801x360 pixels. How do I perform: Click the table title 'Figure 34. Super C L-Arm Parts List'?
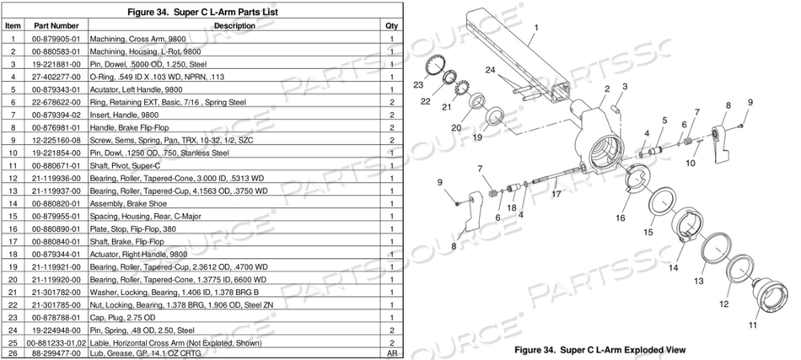202,13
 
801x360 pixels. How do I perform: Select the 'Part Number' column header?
56,26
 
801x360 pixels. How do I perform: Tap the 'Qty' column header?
392,26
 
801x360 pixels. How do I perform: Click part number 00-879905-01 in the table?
56,39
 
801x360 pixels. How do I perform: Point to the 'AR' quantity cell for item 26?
392,354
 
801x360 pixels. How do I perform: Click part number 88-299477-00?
56,354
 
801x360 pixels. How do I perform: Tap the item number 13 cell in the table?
13,191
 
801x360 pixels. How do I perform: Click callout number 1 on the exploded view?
536,27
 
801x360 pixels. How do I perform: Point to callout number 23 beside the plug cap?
418,85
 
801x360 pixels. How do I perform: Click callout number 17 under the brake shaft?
556,195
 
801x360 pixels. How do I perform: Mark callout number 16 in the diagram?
621,218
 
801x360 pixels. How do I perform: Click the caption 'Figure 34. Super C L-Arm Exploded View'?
599,349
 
